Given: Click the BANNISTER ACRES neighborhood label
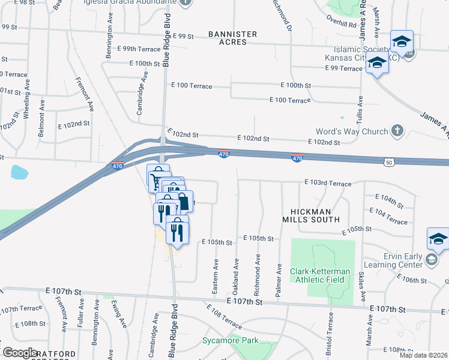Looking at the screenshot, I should [233, 38].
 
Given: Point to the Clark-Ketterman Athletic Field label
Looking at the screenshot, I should [329, 274].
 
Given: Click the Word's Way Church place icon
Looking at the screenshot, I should [397, 131].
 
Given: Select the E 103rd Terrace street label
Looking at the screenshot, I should [327, 182].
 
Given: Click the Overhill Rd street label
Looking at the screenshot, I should [342, 25].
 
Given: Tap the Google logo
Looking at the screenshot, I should [20, 353].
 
